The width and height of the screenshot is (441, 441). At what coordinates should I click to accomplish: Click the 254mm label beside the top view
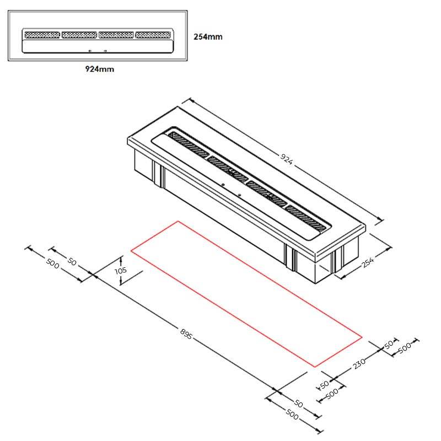click(208, 37)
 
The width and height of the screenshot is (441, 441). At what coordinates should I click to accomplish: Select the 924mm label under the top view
click(100, 69)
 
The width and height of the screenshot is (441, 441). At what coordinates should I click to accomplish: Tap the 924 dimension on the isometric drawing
click(287, 159)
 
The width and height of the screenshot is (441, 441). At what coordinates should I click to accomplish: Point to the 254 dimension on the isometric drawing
click(368, 262)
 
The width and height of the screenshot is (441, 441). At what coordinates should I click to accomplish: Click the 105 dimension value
click(121, 271)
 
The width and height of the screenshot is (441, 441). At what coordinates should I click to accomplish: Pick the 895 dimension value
click(186, 334)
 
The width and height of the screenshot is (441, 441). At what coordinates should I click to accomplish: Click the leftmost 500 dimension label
click(52, 263)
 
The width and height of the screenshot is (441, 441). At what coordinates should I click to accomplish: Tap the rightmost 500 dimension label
click(405, 348)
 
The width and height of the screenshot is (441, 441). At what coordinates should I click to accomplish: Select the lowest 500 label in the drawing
click(292, 415)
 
